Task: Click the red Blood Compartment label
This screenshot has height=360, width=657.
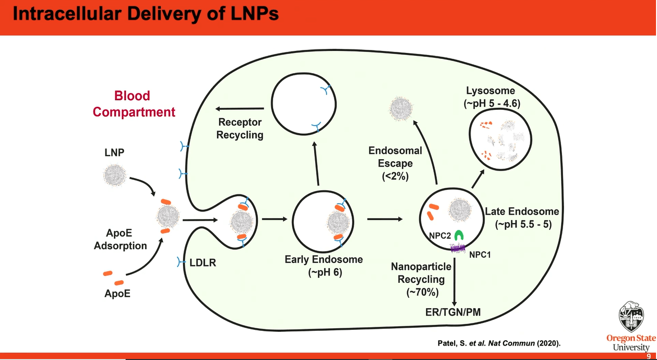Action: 134,104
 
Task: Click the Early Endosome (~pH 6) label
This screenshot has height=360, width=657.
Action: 324,266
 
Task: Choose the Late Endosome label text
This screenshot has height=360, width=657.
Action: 522,218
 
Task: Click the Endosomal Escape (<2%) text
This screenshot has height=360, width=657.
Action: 395,163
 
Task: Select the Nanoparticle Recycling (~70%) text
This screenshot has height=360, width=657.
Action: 421,279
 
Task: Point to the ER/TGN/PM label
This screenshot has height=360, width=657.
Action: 453,312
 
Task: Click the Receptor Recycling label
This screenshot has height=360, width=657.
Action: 239,128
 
